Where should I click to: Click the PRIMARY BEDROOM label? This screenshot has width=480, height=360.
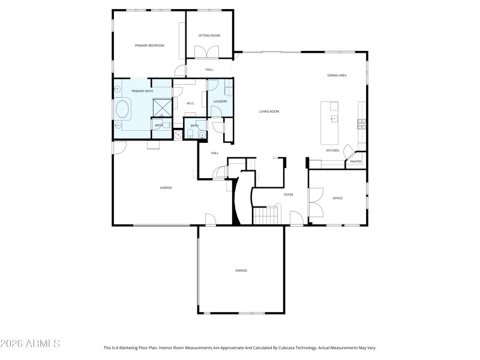coord(149,46)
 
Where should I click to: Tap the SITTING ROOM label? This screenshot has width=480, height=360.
coord(209,36)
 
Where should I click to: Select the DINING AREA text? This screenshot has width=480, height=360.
coord(337,75)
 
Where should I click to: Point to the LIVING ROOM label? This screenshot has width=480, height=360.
coord(269,112)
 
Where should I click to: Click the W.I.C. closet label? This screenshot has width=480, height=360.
coord(190,104)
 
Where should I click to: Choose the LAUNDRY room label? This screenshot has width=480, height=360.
coord(220,101)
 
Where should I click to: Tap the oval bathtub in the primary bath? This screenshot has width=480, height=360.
coord(122,110)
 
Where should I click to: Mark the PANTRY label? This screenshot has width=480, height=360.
coord(356,161)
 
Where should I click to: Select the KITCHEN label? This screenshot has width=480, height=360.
coord(333,150)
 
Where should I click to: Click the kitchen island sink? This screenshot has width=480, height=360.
coord(334,119)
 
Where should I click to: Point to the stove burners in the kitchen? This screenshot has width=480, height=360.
coord(362,124)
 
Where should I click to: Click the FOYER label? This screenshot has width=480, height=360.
coord(288,195)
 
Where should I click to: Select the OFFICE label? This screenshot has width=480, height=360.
coord(337,198)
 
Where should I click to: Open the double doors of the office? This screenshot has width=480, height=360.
coord(313,203)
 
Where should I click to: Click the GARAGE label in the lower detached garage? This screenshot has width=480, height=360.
coord(241,271)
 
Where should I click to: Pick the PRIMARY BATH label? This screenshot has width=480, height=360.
coord(135,91)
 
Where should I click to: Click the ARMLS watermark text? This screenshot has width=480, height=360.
coord(30,344)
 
